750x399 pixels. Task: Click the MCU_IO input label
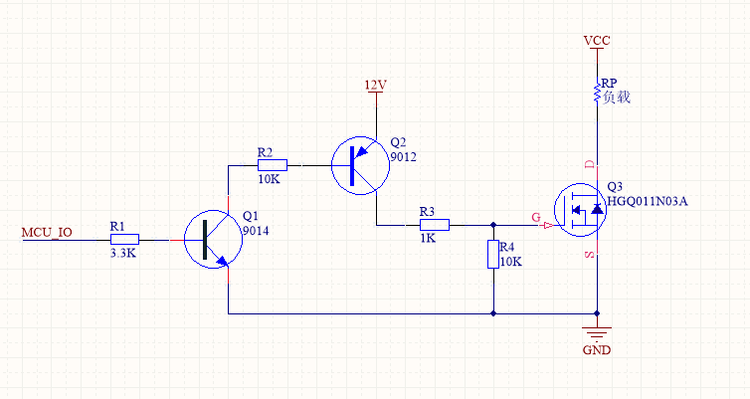tap(47, 234)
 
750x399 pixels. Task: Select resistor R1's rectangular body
tap(124, 239)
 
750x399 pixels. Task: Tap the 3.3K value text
tap(124, 254)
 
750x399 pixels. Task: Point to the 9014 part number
tap(257, 231)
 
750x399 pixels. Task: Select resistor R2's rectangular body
tap(273, 164)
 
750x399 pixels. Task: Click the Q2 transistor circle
tap(359, 164)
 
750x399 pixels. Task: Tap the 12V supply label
tap(374, 86)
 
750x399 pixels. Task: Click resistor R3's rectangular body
tap(435, 225)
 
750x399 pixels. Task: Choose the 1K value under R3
tap(428, 240)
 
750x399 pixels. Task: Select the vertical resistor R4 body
tap(492, 255)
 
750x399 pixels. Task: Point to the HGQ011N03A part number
tap(648, 201)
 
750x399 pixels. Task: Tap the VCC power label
tap(597, 40)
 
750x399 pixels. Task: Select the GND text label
tap(597, 350)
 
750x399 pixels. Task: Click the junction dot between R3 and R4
tap(492, 225)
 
